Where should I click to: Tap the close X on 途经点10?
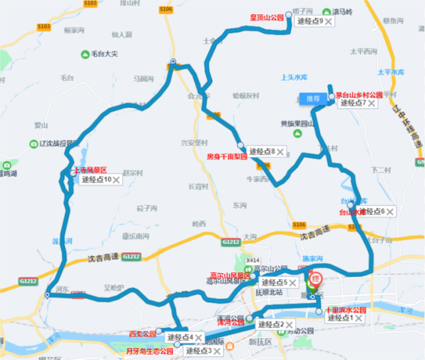117,179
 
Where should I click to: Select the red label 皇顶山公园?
267,18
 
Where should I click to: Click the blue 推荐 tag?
313,99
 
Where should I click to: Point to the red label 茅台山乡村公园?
359,95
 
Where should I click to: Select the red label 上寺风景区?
90,170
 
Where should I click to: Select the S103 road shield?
44,27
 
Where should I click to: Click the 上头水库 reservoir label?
296,77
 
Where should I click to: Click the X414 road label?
252,261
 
